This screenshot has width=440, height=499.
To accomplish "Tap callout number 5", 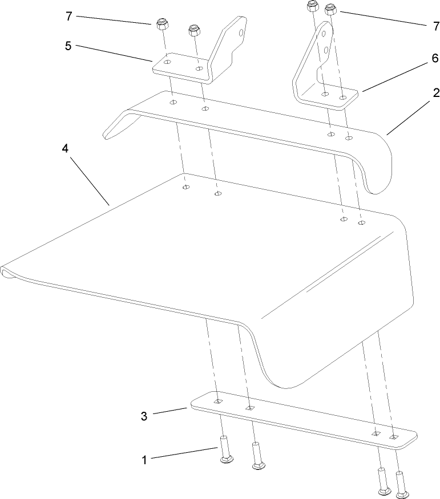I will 68,46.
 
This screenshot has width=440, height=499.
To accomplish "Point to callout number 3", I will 144,416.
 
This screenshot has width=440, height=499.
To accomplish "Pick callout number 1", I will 144,459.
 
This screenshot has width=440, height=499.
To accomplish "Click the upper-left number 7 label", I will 69,16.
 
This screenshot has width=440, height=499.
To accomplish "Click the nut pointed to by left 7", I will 160,25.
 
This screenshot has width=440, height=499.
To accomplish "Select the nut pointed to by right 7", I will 329,9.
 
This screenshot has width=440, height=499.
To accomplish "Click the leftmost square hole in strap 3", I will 217,402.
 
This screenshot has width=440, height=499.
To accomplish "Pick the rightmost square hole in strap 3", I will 393,437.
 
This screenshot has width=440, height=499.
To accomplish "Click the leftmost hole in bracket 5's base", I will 166,61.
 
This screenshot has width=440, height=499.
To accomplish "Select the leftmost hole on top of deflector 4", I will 185,187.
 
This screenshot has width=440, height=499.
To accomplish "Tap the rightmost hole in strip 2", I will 349,137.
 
